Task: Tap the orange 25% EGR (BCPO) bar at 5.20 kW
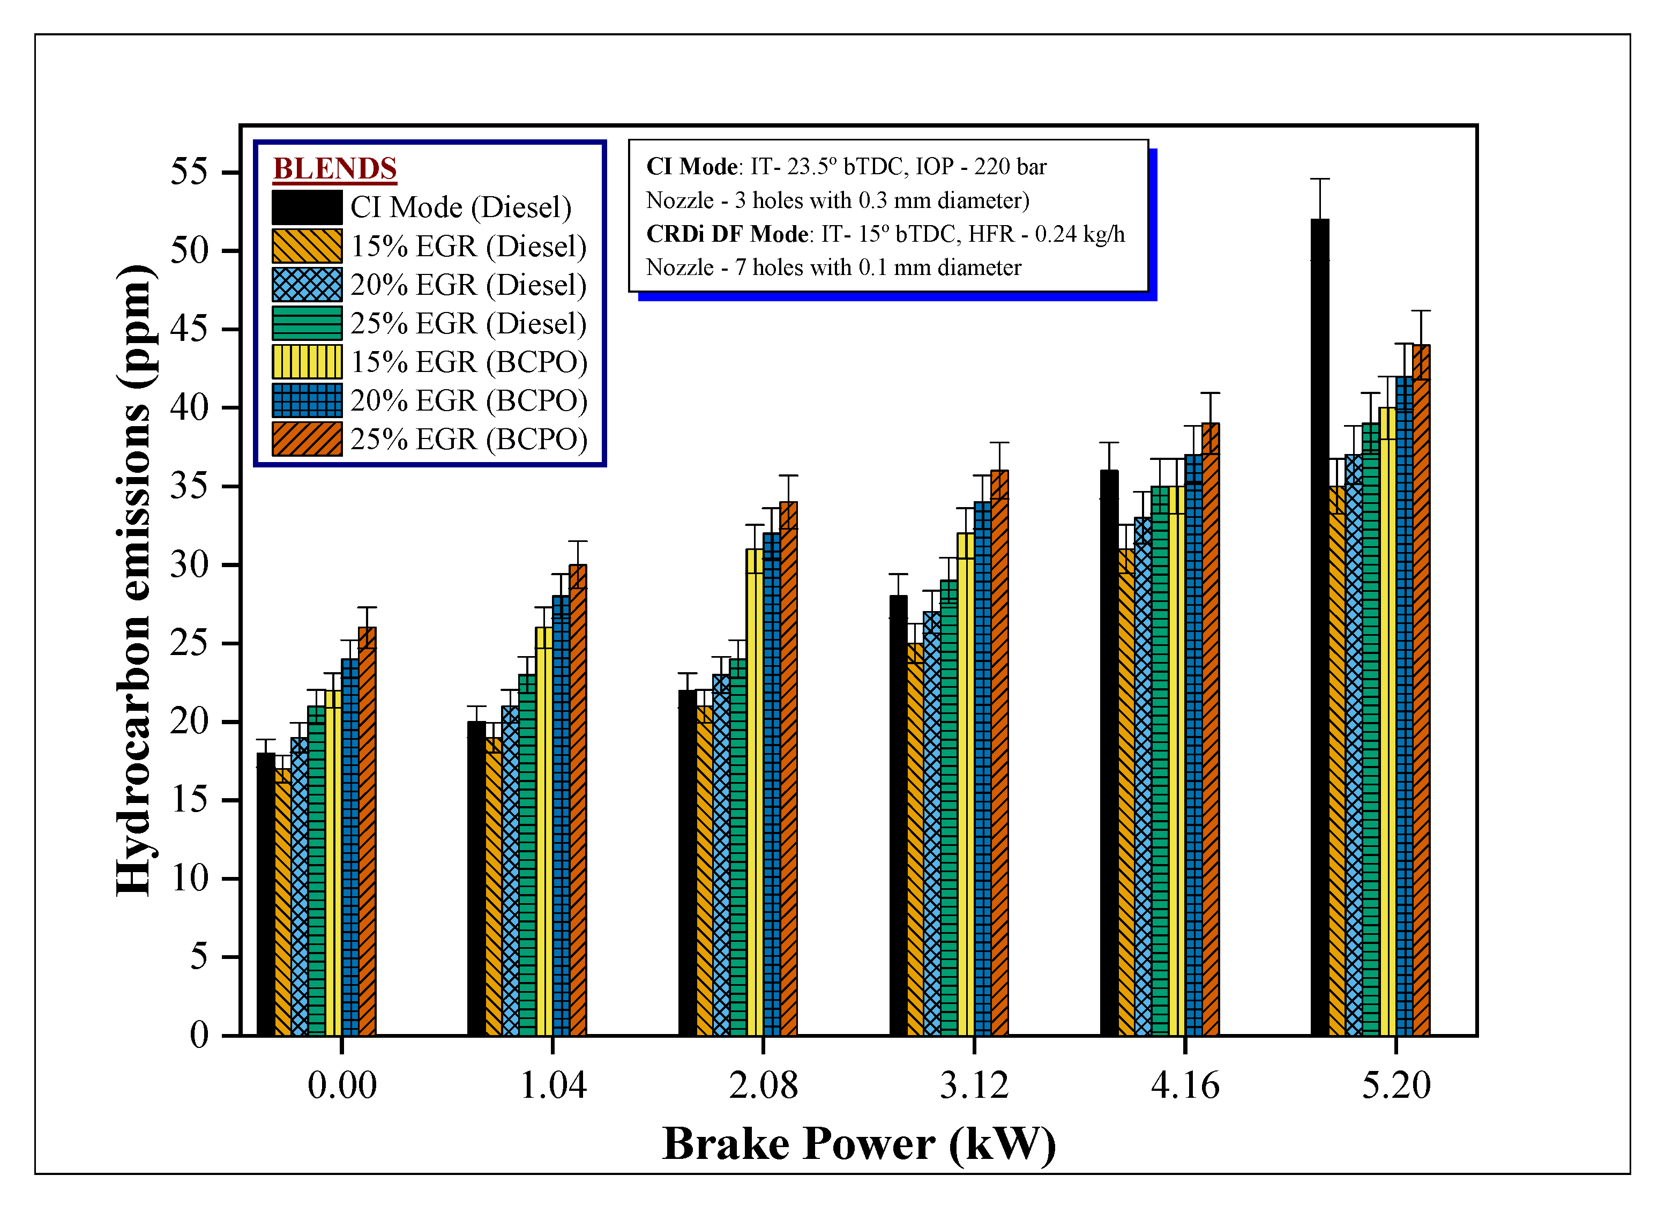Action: pyautogui.click(x=1421, y=690)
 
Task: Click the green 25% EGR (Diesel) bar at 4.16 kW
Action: pyautogui.click(x=1160, y=761)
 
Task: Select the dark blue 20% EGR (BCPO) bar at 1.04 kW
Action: pyautogui.click(x=561, y=815)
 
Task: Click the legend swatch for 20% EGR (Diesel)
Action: pyautogui.click(x=307, y=285)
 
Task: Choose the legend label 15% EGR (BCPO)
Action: pyautogui.click(x=468, y=362)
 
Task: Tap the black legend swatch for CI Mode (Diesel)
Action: pyautogui.click(x=307, y=207)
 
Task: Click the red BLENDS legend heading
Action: pyautogui.click(x=335, y=168)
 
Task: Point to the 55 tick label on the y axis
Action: pyautogui.click(x=189, y=173)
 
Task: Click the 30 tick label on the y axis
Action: pyautogui.click(x=189, y=564)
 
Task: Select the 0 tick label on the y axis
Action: pyautogui.click(x=199, y=1036)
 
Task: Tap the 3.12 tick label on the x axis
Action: pyautogui.click(x=974, y=1085)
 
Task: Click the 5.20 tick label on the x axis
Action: pyautogui.click(x=1395, y=1085)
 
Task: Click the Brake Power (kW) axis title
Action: pyautogui.click(x=859, y=1144)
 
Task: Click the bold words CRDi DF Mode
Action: pyautogui.click(x=727, y=234)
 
